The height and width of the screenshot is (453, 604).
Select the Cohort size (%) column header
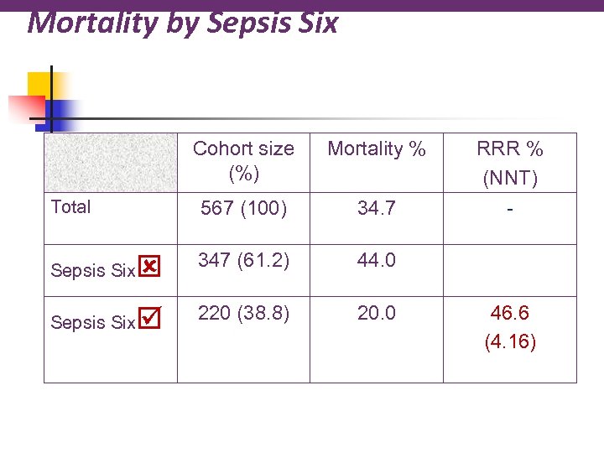(x=243, y=161)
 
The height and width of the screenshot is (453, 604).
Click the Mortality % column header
(x=377, y=149)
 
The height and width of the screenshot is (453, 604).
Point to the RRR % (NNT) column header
(x=510, y=162)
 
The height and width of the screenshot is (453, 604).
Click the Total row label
(x=71, y=206)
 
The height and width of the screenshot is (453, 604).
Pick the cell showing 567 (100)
(x=243, y=209)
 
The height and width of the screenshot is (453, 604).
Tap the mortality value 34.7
(x=377, y=209)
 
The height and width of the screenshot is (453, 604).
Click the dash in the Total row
(x=510, y=207)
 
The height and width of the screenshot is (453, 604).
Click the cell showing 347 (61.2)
(x=243, y=261)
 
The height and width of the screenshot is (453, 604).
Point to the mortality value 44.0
(x=377, y=261)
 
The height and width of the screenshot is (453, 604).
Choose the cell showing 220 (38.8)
(x=243, y=313)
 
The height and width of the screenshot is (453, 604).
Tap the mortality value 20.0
(x=377, y=313)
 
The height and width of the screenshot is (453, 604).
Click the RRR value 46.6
(x=510, y=314)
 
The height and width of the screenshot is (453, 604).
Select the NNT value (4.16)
(x=510, y=341)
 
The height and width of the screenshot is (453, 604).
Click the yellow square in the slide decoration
(x=40, y=84)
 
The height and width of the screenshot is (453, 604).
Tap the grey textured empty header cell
(x=111, y=163)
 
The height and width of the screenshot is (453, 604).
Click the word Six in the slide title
(x=316, y=22)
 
